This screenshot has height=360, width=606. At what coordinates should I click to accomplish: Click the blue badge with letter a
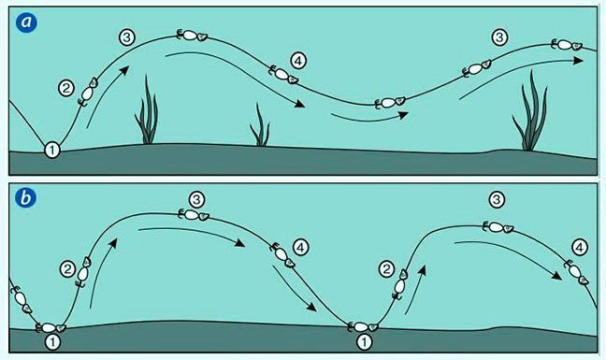tap(26, 22)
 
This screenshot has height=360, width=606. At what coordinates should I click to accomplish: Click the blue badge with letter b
tap(25, 198)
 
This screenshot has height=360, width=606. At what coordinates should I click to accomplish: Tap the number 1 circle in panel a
tap(52, 150)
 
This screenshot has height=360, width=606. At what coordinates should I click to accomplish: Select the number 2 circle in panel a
tap(66, 88)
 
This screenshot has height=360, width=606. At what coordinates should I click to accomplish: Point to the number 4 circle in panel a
tap(298, 61)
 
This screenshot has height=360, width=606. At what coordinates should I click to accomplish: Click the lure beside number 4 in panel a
tap(283, 75)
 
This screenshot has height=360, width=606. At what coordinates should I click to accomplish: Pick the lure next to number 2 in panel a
tap(88, 92)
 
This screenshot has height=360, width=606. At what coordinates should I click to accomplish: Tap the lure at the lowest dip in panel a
tap(390, 102)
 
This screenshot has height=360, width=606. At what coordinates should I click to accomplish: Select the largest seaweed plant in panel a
tap(530, 112)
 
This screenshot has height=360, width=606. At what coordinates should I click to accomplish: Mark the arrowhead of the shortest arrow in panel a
tap(404, 115)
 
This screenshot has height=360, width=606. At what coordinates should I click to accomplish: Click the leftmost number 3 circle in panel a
tap(127, 37)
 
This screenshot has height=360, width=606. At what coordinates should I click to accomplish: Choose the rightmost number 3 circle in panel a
tap(499, 37)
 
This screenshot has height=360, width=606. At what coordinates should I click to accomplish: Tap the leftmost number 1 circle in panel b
tap(52, 342)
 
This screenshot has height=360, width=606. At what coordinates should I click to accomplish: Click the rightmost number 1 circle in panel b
tap(364, 342)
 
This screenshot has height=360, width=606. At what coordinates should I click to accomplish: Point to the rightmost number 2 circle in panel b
tap(386, 269)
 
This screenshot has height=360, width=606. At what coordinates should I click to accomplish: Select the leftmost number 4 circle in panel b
tap(301, 248)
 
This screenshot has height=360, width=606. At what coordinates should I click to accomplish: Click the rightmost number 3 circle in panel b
tap(497, 200)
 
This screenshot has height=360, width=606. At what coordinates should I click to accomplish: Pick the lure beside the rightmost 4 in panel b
tap(577, 272)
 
